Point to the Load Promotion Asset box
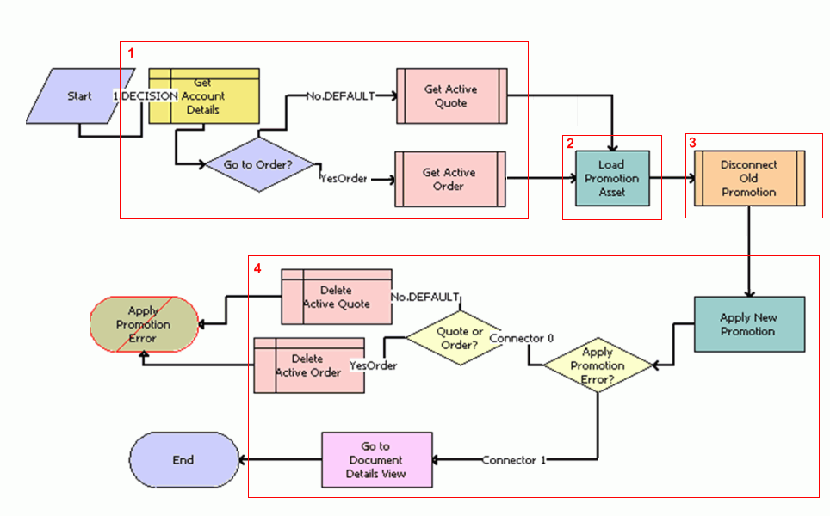click(x=612, y=178)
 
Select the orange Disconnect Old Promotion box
click(x=749, y=178)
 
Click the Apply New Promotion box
click(x=749, y=324)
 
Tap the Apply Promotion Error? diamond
click(x=598, y=365)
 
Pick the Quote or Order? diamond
click(x=454, y=339)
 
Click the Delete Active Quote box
click(x=337, y=297)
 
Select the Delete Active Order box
click(x=308, y=365)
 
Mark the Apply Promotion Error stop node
click(x=143, y=325)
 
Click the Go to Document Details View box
click(x=376, y=460)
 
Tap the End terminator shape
click(x=183, y=460)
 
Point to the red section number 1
click(x=131, y=53)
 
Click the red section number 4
click(x=257, y=268)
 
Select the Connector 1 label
click(x=513, y=460)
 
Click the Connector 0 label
click(x=521, y=337)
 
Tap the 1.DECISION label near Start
click(x=145, y=96)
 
